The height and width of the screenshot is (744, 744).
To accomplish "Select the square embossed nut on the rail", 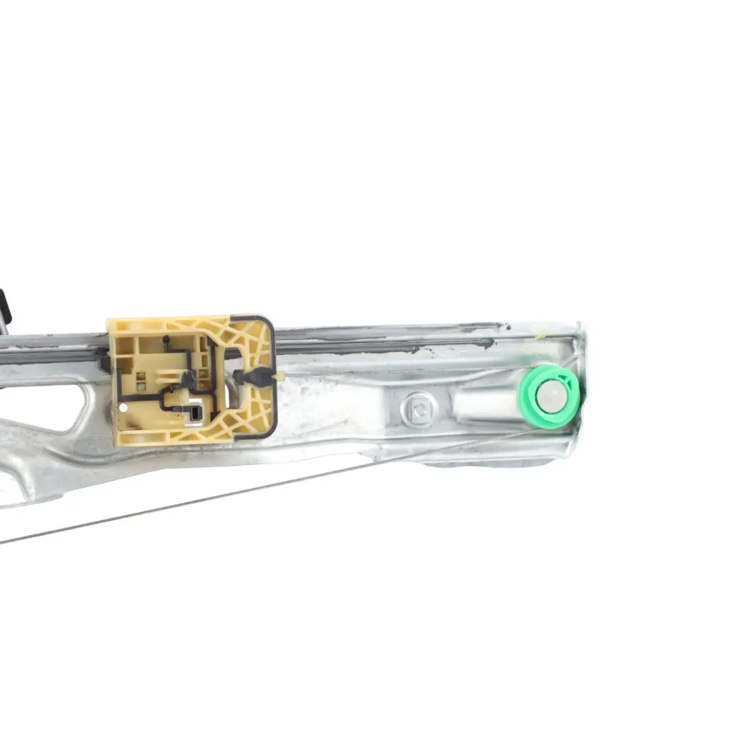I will click(417, 411).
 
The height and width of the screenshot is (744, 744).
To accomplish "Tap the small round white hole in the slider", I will click(123, 407).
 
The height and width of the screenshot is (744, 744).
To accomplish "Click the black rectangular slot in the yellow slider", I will click(196, 413).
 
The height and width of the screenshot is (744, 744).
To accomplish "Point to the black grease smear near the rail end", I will click(475, 342).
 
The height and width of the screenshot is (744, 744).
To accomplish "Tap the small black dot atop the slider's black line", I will click(165, 339).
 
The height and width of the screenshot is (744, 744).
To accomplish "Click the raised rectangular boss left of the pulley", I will click(482, 402).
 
